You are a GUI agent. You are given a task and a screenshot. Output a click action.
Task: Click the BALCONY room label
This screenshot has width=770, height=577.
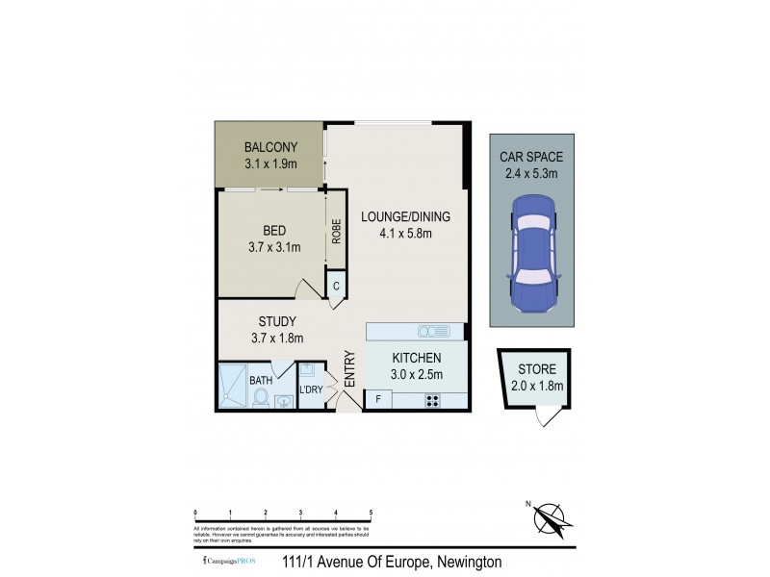(x=270, y=147)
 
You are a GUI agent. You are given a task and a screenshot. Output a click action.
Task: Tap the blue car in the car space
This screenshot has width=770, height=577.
(x=532, y=252)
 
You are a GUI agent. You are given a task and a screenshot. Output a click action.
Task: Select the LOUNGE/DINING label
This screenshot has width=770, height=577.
(x=405, y=216)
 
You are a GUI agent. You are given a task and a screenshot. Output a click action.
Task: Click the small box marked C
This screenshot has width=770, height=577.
(x=337, y=286)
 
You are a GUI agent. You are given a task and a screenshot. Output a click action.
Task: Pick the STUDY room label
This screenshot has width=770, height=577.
(x=277, y=321)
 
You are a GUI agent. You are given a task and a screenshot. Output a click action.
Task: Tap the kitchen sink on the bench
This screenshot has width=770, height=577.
(x=432, y=331)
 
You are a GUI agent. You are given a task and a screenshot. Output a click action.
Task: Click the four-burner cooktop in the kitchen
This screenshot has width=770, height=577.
(x=433, y=400)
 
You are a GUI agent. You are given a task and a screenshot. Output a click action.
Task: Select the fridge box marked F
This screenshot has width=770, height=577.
(x=378, y=399)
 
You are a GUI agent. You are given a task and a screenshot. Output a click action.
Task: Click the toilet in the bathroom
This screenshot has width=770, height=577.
(x=260, y=397)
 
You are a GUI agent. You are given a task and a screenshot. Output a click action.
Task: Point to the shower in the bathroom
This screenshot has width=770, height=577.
(x=233, y=388)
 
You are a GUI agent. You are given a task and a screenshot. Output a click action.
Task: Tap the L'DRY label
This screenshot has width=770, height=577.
(x=310, y=389)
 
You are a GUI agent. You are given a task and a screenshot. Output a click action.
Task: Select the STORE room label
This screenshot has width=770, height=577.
(x=537, y=369)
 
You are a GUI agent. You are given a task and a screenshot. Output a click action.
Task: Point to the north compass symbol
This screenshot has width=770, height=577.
(x=551, y=519)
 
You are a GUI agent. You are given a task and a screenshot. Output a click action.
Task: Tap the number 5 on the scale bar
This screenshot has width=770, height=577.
(x=371, y=513)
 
